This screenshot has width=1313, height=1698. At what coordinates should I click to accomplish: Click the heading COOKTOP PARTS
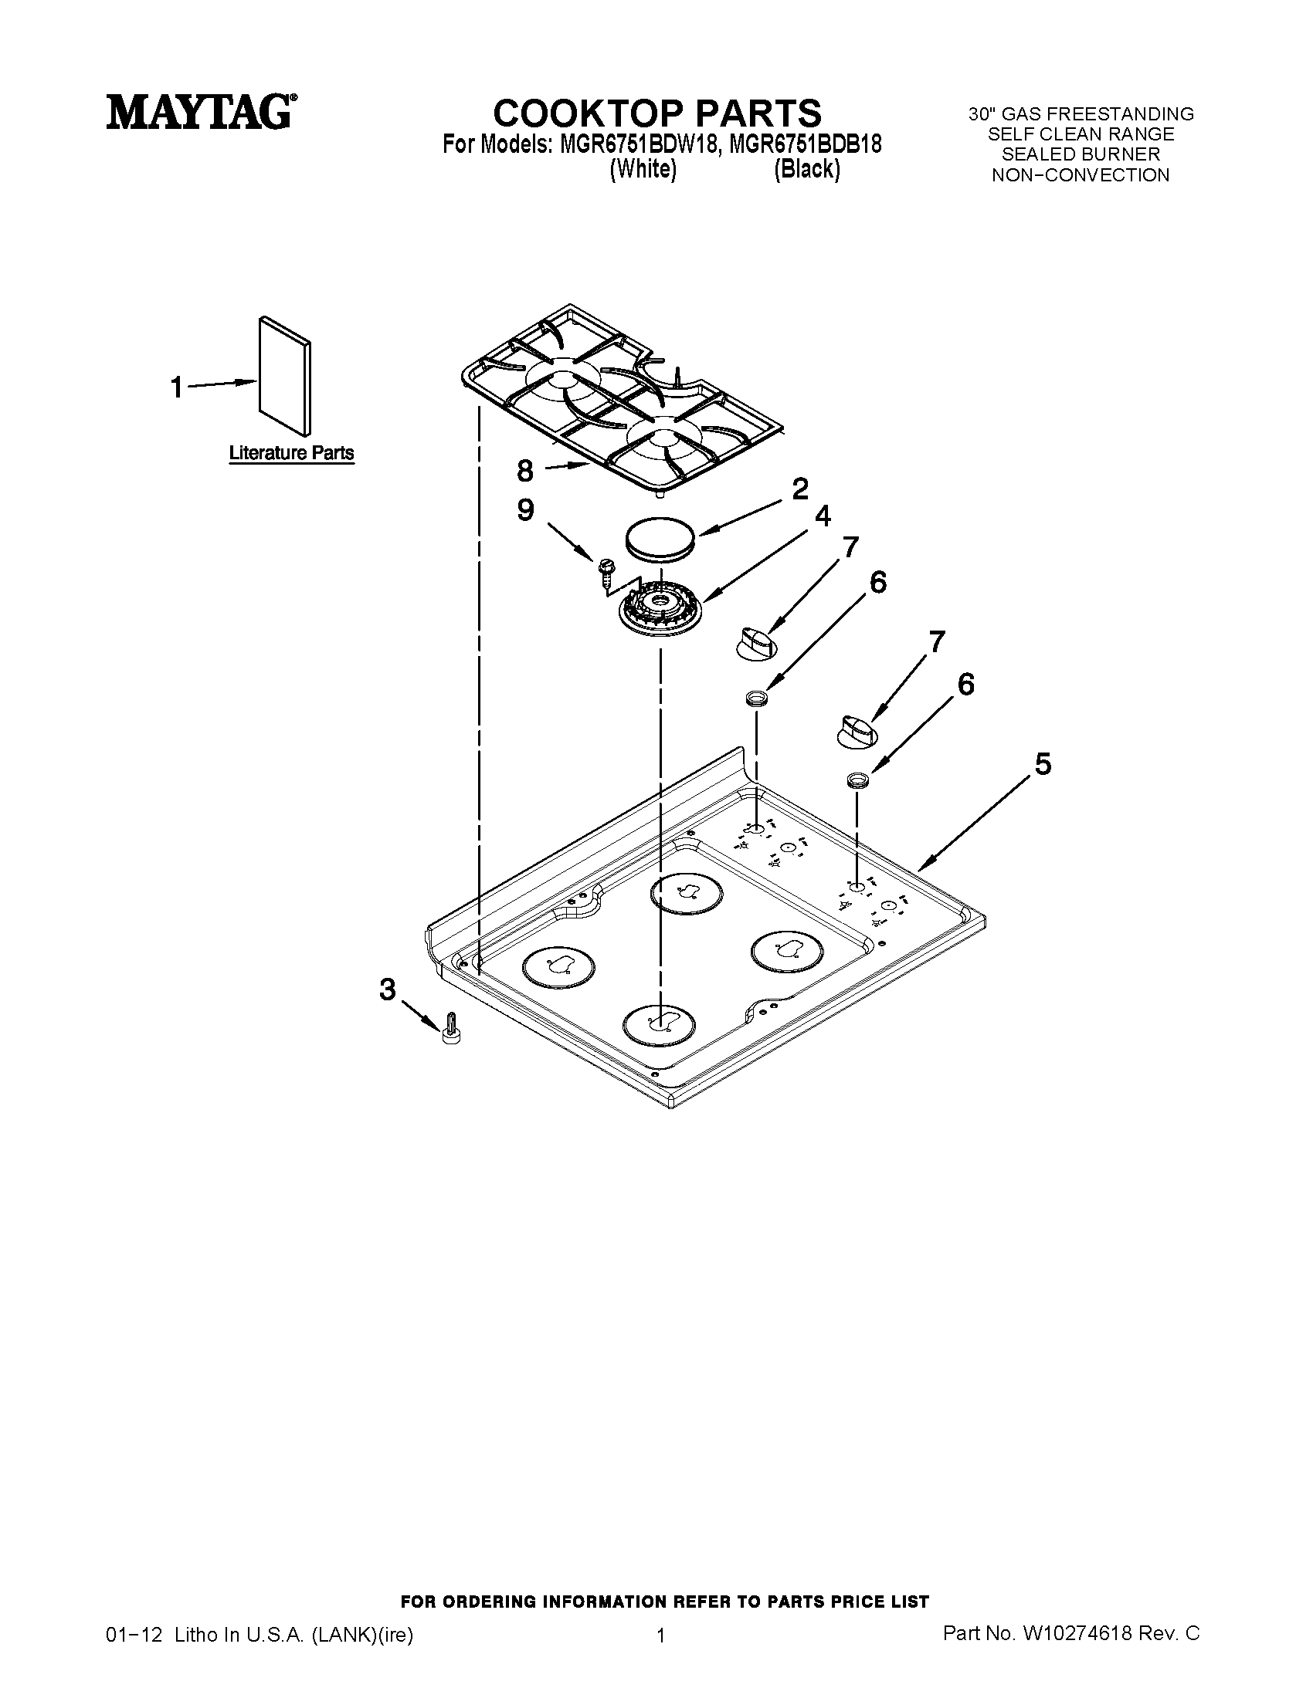657,113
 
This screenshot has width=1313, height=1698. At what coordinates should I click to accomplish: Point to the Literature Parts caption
291,453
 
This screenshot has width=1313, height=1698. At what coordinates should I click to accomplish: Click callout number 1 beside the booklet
178,387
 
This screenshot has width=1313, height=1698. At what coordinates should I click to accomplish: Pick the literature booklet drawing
285,377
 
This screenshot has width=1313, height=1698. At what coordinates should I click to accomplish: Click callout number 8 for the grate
525,470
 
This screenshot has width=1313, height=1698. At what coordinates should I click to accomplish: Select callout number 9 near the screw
526,511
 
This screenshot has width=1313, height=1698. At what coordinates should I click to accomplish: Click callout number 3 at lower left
388,989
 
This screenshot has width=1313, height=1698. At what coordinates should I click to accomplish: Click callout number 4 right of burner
822,516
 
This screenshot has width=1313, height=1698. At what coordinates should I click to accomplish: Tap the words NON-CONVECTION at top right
1081,176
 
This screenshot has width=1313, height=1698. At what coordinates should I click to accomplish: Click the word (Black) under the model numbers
806,170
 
